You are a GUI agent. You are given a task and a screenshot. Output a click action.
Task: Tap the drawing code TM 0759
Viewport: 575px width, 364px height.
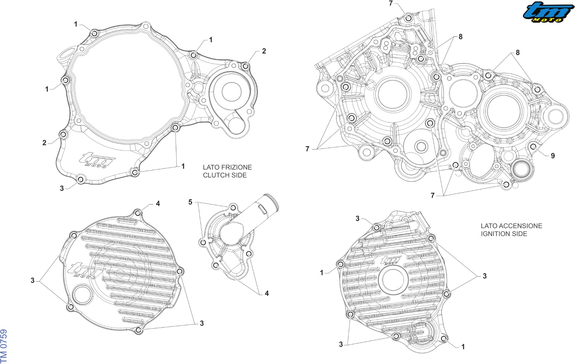4,346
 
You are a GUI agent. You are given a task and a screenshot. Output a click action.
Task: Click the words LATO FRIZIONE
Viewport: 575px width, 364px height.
227,167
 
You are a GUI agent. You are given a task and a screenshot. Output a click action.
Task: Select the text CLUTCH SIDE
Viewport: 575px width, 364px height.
225,175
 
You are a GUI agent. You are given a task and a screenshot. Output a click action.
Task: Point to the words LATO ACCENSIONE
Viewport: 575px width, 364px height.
511,226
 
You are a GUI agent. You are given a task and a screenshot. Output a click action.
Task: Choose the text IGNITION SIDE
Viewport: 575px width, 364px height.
504,234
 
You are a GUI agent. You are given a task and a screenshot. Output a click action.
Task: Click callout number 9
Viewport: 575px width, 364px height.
553,156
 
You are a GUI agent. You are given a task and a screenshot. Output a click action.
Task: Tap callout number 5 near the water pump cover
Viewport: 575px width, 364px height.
190,202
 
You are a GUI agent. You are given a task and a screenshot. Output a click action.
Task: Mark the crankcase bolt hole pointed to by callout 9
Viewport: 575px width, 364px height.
533,147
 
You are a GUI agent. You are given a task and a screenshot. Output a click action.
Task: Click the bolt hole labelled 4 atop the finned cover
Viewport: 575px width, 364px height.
138,213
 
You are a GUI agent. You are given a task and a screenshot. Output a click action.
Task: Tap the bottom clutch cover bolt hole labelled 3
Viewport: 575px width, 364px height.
80,179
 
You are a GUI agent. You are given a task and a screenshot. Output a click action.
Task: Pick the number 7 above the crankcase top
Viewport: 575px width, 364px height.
391,3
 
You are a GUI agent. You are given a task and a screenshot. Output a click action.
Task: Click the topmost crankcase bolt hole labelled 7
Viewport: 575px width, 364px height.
409,18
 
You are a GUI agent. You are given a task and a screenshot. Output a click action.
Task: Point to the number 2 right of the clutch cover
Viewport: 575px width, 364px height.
264,51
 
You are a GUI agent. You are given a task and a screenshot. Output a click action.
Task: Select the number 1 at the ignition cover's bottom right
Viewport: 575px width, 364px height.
463,347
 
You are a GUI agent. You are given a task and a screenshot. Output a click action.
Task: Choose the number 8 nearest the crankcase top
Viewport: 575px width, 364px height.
460,37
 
